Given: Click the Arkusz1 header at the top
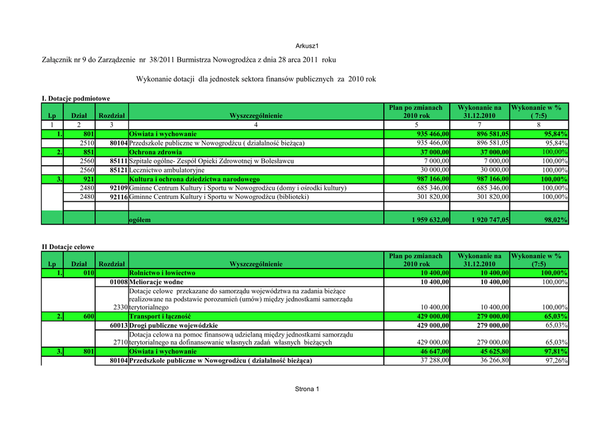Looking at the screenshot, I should [x=307, y=46].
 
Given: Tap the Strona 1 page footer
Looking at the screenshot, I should [x=307, y=389].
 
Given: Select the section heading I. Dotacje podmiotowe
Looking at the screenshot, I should [x=76, y=99].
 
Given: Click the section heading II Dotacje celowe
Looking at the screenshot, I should [x=68, y=247].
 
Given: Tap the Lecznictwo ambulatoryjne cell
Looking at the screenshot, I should [x=166, y=170].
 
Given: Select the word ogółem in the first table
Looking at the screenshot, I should [x=140, y=220].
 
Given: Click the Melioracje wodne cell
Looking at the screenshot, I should [x=156, y=282].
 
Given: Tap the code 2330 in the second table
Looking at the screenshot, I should [x=119, y=307].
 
